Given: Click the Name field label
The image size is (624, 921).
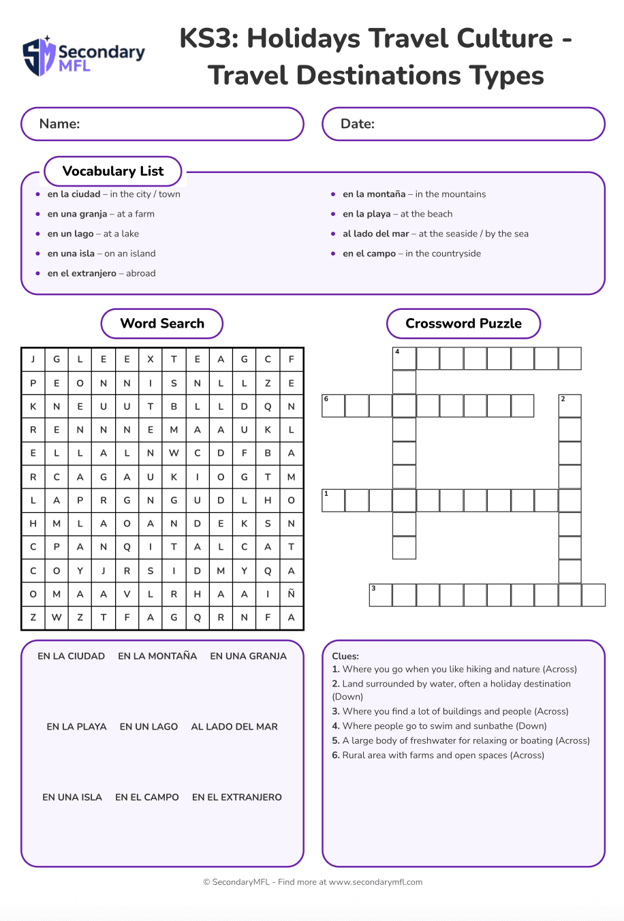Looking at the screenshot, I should point(60,124).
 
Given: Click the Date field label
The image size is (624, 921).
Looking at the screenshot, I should point(358,124).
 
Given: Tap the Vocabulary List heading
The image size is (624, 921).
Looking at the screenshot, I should point(113,171).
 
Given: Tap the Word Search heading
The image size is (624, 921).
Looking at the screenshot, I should point(162,324).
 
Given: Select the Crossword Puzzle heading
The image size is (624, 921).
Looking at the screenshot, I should point(463,324).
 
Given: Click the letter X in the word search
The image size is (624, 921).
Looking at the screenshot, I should point(151,359).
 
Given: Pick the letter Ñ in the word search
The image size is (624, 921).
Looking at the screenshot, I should point(291,594).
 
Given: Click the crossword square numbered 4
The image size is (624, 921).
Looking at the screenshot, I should point(404,358).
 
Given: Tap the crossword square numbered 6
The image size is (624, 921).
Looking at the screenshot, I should point(333,405).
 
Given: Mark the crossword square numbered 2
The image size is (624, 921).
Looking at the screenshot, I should point(570,405).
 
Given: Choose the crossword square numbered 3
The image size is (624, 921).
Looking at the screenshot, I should point(381,595).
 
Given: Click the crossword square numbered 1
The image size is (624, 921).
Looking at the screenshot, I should point(333,500).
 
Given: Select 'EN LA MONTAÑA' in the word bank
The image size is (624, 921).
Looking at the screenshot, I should point(157,656).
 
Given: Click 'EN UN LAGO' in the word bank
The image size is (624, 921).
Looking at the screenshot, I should point(149,727).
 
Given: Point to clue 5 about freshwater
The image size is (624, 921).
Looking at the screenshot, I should point(461,740).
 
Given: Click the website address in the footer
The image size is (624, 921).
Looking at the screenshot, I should point(375,882).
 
